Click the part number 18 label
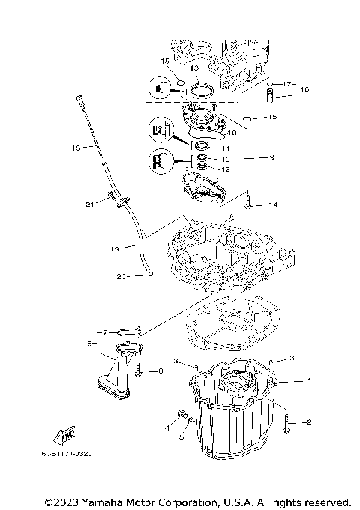coord(75,148)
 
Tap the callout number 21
coord(89,203)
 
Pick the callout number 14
coord(271,205)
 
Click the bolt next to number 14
coord(247,199)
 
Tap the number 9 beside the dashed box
coord(271,157)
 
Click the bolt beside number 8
coord(139,369)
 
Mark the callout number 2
coord(307,422)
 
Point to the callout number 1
coord(307,381)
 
